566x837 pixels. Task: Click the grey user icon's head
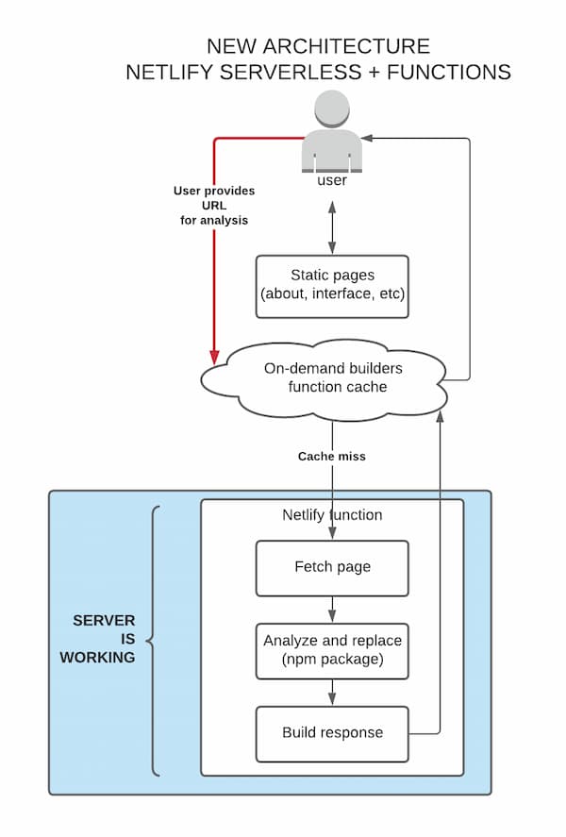[x=331, y=109]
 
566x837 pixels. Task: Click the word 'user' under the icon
[x=331, y=180]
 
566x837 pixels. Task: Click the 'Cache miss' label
[x=331, y=456]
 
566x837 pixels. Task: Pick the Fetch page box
[x=332, y=567]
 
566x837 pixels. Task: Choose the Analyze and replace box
[x=332, y=650]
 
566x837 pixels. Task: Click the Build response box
[x=332, y=732]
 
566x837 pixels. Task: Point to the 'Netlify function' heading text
[x=332, y=515]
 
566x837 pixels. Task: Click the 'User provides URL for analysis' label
[x=214, y=205]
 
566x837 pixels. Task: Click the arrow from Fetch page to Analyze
[x=332, y=609]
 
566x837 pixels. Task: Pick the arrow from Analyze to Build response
[x=332, y=692]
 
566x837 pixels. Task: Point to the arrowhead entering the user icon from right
[x=368, y=139]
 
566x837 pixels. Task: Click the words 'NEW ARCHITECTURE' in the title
[x=318, y=46]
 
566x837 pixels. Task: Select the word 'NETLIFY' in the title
[x=168, y=72]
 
